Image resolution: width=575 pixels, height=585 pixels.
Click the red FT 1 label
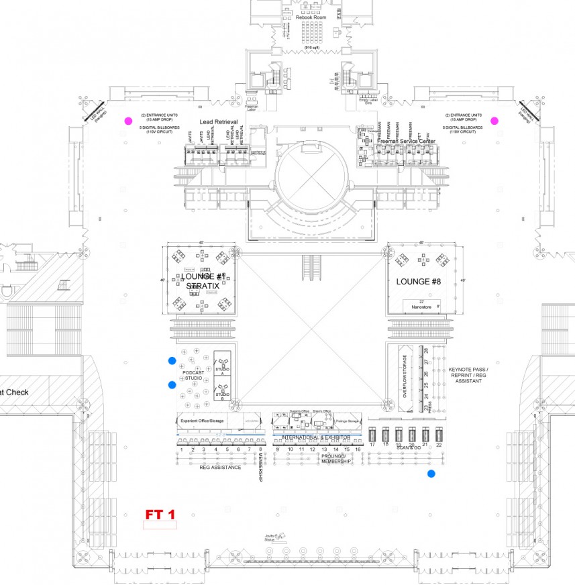click(160, 515)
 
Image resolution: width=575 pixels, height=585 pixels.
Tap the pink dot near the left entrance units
click(127, 121)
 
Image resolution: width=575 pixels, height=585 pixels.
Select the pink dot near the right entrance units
click(494, 121)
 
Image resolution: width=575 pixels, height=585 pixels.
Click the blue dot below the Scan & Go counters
click(431, 474)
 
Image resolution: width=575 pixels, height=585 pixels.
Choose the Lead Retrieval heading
click(219, 121)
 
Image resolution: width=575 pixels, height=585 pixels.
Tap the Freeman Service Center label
click(406, 142)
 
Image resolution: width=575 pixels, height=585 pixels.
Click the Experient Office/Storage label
click(202, 421)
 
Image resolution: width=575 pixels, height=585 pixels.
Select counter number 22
click(439, 444)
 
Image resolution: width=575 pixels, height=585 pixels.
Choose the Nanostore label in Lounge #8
click(421, 307)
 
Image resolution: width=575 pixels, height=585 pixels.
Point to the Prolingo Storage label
click(348, 421)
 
